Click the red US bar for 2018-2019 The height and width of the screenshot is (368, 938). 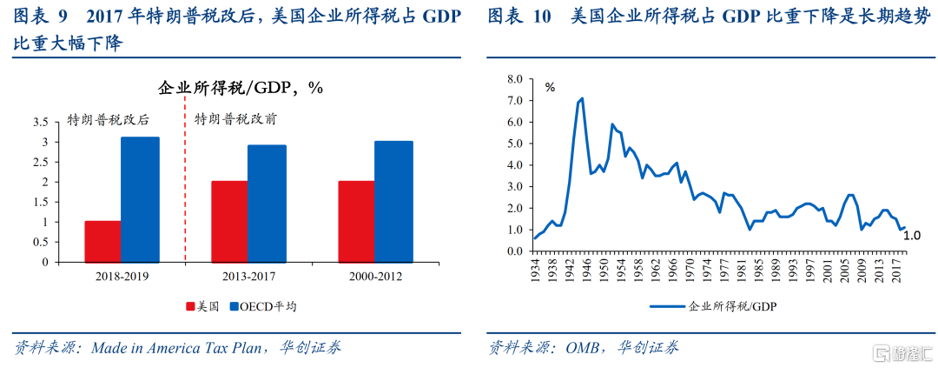[102, 241]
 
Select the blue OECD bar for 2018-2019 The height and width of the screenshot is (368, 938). [140, 199]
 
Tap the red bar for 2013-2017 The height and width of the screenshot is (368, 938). [229, 221]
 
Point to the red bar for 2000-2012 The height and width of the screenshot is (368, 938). [356, 221]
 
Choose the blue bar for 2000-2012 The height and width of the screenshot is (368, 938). [393, 201]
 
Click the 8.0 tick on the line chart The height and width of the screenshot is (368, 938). [513, 79]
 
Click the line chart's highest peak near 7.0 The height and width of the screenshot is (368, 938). [582, 98]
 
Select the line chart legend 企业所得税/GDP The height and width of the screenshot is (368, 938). [733, 306]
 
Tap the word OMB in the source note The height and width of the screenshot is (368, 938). [583, 348]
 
